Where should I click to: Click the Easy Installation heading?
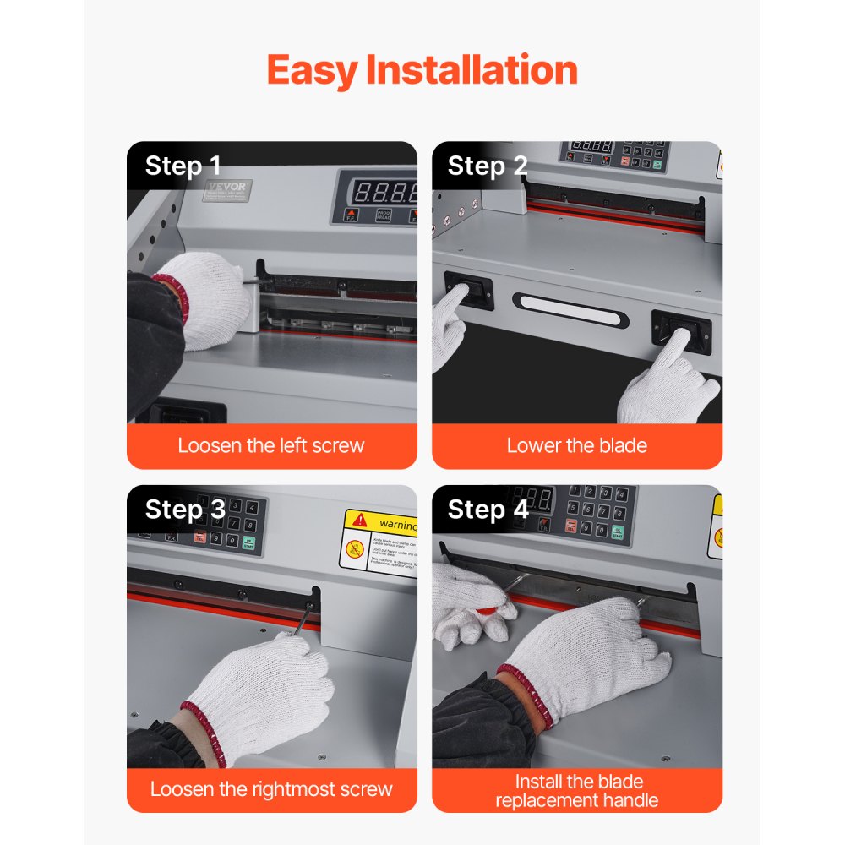pyautogui.click(x=422, y=70)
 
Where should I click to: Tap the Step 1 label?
pyautogui.click(x=183, y=166)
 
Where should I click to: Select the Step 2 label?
pyautogui.click(x=488, y=166)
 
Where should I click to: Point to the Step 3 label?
pyautogui.click(x=185, y=510)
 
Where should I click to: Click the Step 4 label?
pyautogui.click(x=488, y=510)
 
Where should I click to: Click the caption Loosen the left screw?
pyautogui.click(x=271, y=445)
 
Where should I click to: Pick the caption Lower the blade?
pyautogui.click(x=576, y=445)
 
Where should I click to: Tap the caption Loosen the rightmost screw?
pyautogui.click(x=271, y=789)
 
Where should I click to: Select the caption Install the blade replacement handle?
pyautogui.click(x=576, y=790)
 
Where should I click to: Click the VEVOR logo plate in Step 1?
pyautogui.click(x=227, y=192)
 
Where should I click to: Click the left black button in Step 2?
pyautogui.click(x=468, y=290)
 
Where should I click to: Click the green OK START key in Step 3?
pyautogui.click(x=248, y=542)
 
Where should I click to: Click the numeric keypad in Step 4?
pyautogui.click(x=597, y=510)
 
